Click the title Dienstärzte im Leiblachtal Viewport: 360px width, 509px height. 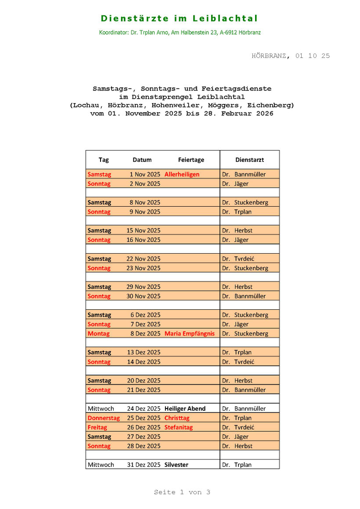click(180, 18)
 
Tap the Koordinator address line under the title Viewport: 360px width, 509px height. click(180, 32)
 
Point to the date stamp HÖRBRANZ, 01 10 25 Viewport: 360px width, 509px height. click(291, 56)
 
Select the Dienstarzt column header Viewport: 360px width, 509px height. click(249, 160)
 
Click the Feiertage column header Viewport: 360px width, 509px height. click(191, 160)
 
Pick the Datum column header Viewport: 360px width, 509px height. click(142, 160)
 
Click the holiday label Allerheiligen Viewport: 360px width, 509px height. click(182, 174)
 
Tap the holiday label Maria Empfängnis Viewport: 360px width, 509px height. click(190, 333)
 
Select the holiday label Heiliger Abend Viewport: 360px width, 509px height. click(185, 409)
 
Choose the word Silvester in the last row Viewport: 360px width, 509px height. click(176, 465)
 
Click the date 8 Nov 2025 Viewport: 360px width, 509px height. click(145, 202)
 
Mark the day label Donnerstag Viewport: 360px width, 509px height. click(104, 418)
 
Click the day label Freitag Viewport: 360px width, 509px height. click(97, 427)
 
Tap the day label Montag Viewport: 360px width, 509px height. click(99, 333)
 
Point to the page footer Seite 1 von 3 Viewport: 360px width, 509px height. click(182, 492)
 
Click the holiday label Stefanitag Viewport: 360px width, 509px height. click(179, 427)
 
